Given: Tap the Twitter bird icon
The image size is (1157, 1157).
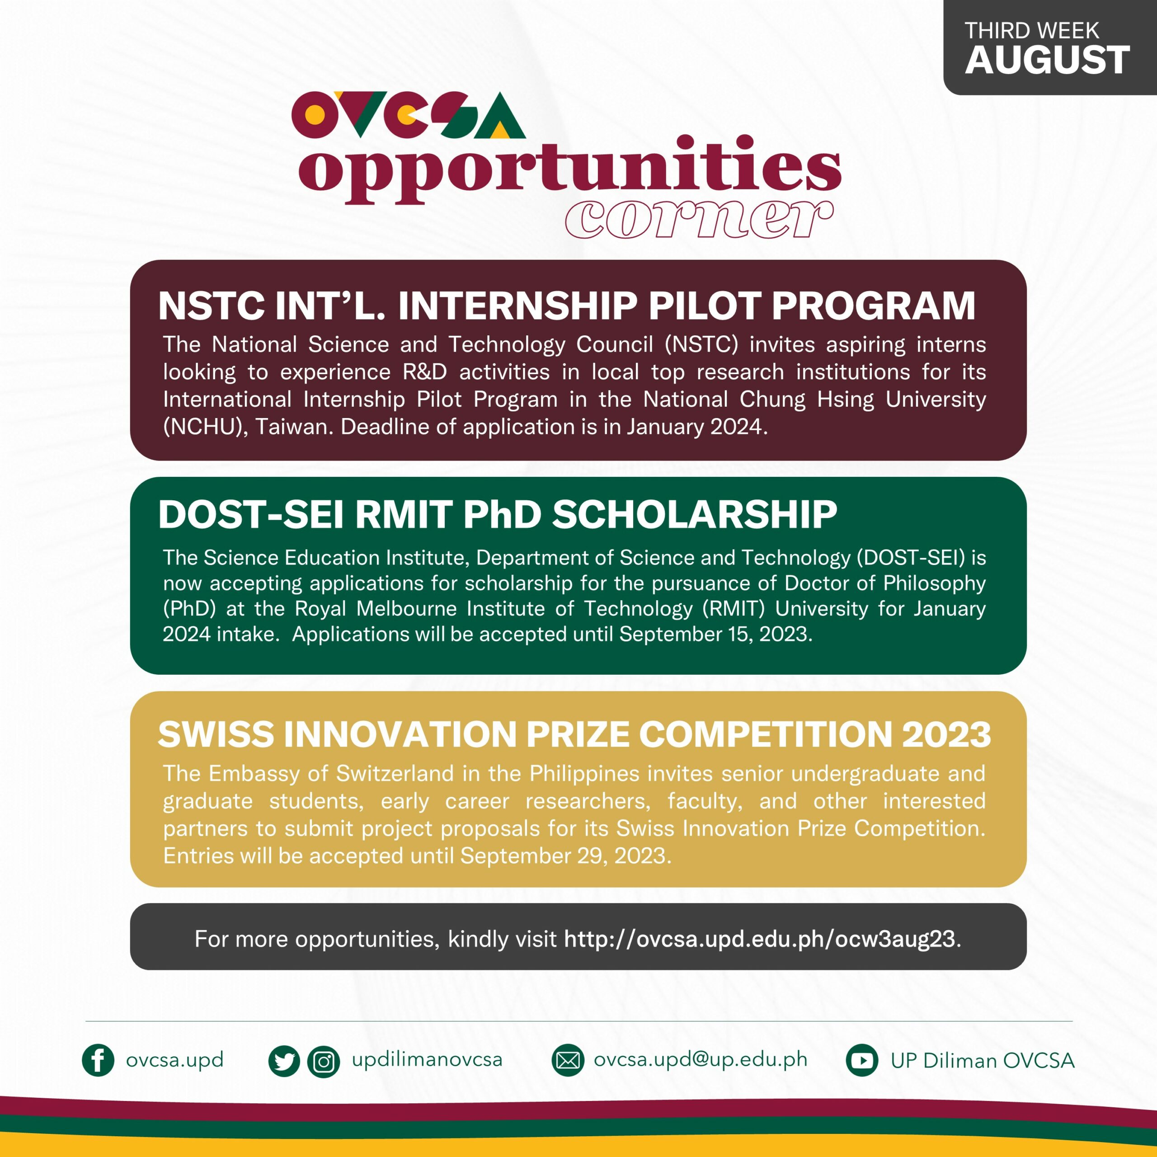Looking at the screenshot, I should click(x=284, y=1062).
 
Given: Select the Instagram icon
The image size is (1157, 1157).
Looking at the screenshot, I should click(x=324, y=1062).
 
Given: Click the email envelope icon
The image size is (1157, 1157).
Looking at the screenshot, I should click(x=568, y=1061).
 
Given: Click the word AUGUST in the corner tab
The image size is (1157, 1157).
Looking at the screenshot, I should click(x=1047, y=61).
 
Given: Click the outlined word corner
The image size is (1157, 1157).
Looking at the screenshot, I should click(x=699, y=219).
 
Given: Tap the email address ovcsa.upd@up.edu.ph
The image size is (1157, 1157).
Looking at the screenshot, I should click(x=700, y=1059).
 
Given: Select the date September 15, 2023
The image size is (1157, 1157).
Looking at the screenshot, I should click(x=715, y=634).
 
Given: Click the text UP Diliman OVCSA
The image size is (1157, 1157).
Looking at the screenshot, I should click(x=982, y=1061).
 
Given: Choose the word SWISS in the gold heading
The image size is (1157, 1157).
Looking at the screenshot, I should click(x=216, y=734).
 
